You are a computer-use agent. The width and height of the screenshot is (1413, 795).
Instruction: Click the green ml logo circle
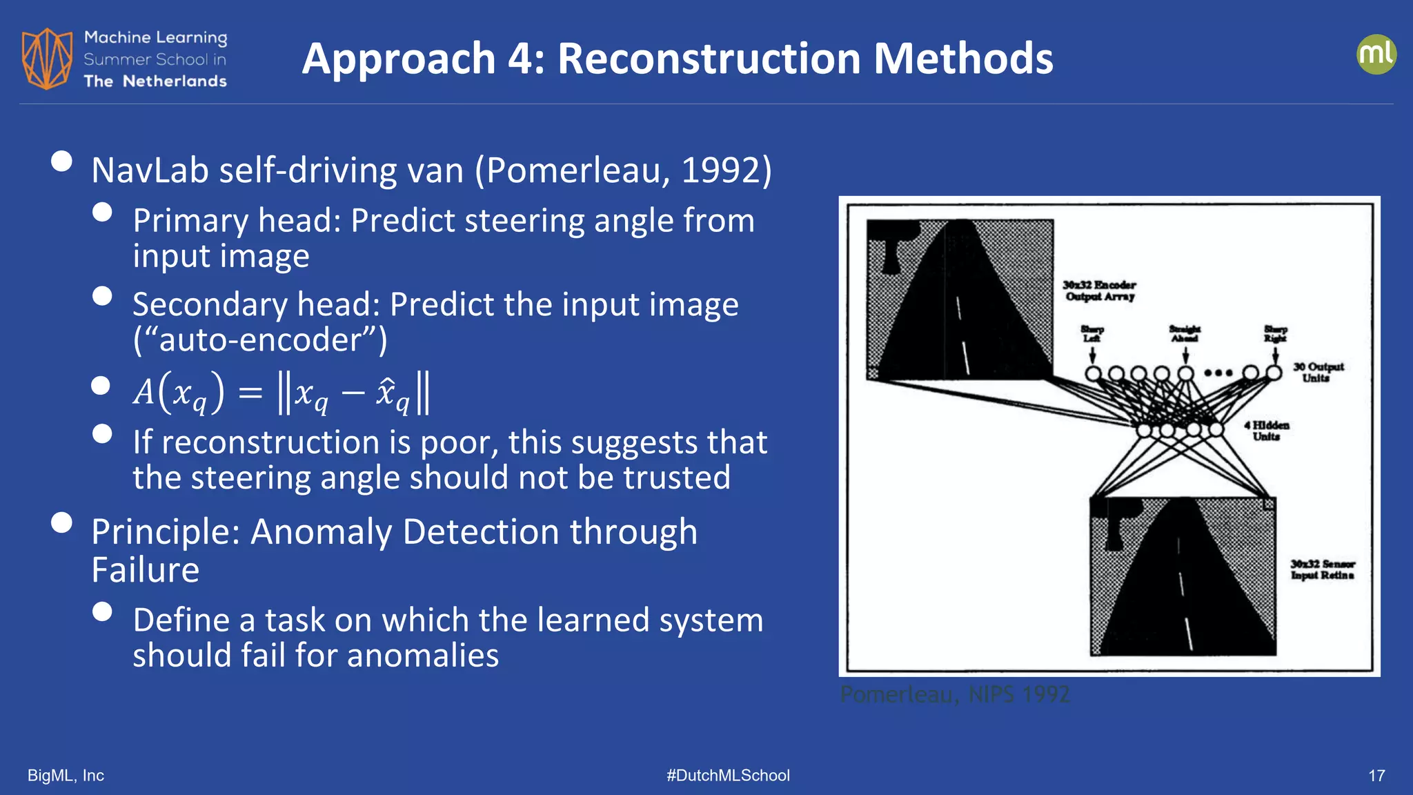[1376, 55]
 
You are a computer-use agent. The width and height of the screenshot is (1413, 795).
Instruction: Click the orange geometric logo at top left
[47, 59]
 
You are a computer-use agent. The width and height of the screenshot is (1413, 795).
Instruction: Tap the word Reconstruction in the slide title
[709, 59]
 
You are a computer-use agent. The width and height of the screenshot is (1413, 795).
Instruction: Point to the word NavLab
[150, 170]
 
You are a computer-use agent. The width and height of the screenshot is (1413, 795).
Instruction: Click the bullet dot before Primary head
[102, 212]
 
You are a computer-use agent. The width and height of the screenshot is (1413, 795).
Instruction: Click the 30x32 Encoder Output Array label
[1100, 291]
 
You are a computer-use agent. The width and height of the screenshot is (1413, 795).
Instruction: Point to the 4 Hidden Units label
[1267, 431]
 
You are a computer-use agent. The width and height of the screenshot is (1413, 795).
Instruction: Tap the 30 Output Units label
[1318, 372]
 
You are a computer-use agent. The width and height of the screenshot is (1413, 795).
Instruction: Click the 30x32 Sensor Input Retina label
[1323, 569]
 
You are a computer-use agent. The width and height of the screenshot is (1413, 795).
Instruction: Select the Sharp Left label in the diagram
[1092, 334]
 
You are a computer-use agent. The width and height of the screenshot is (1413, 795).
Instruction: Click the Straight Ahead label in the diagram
[1185, 334]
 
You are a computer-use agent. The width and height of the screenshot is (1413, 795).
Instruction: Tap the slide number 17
[1376, 776]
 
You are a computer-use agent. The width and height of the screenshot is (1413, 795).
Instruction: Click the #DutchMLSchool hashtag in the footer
[728, 776]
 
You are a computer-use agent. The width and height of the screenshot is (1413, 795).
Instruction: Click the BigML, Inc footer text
[66, 776]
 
